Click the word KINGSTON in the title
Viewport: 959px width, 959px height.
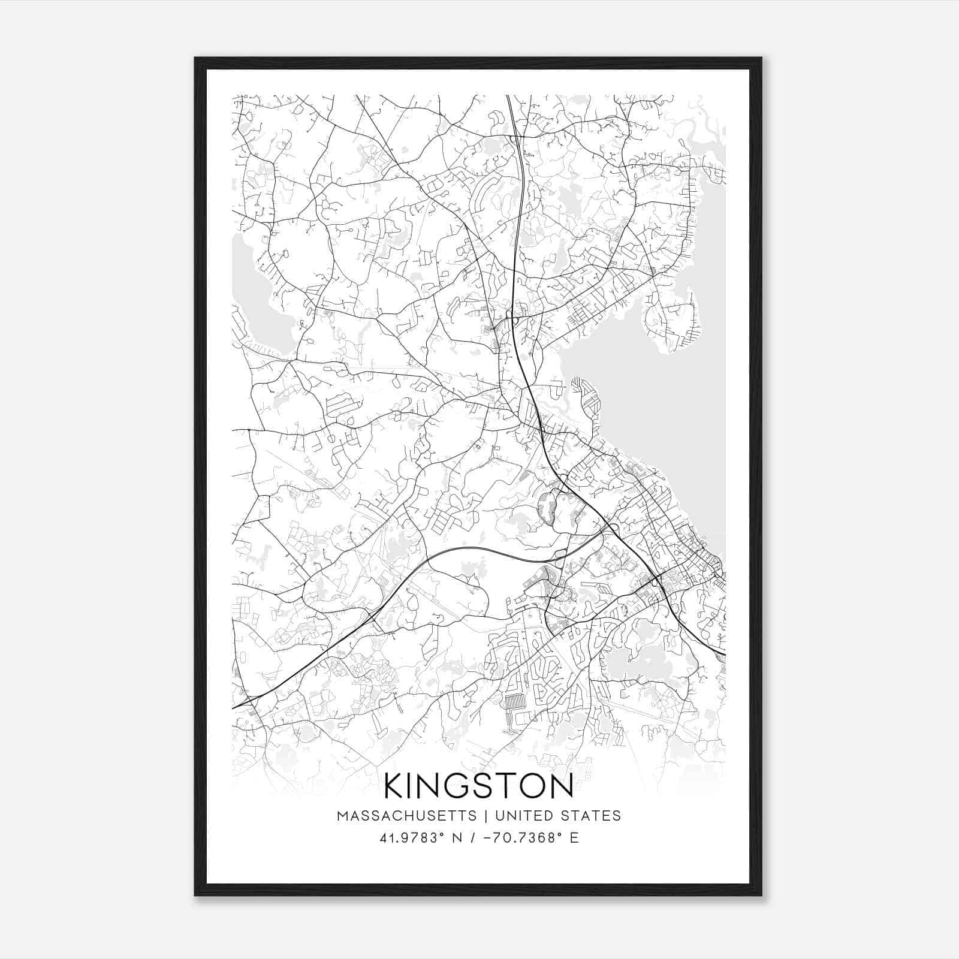pos(478,786)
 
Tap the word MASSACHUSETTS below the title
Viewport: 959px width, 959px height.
pos(407,816)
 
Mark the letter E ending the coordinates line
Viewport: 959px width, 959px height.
pos(574,838)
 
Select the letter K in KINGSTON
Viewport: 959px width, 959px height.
pos(396,786)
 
